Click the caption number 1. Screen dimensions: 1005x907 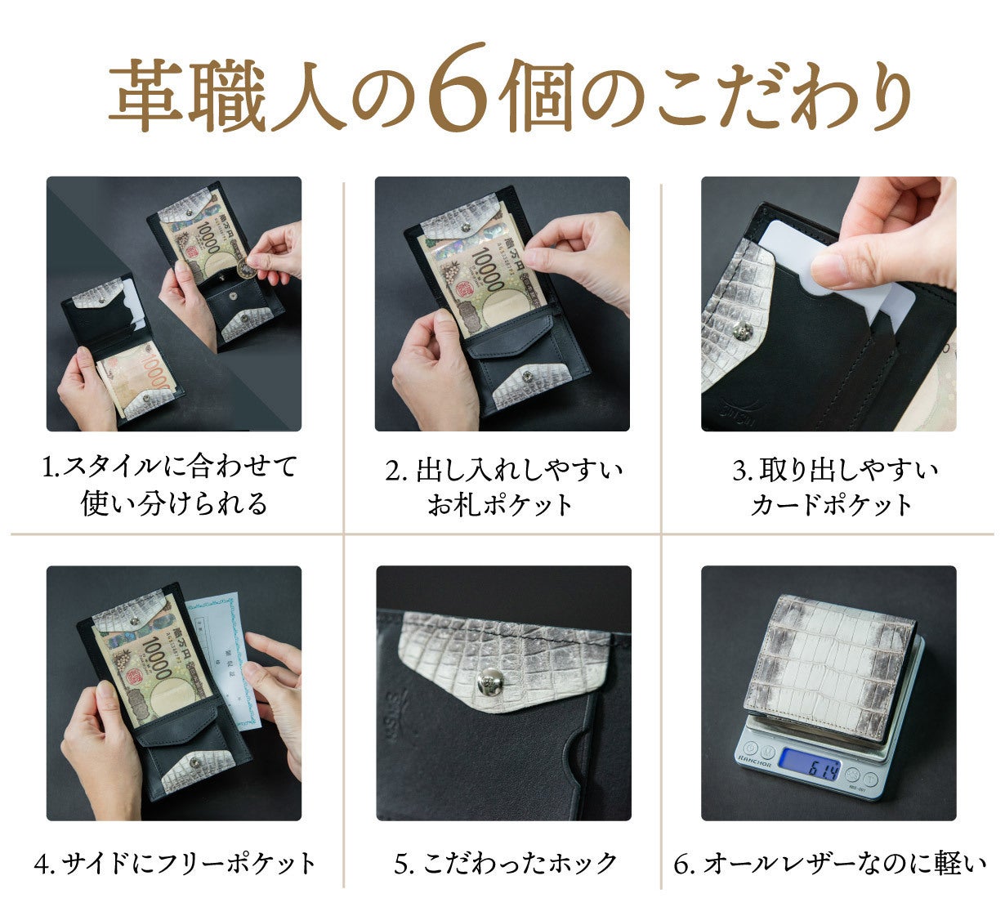point(49,468)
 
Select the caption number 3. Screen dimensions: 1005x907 point(739,471)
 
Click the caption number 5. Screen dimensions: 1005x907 point(402,865)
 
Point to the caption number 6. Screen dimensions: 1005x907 point(681,865)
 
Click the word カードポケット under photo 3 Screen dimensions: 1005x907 point(832,505)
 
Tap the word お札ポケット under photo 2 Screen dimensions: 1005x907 point(500,505)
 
